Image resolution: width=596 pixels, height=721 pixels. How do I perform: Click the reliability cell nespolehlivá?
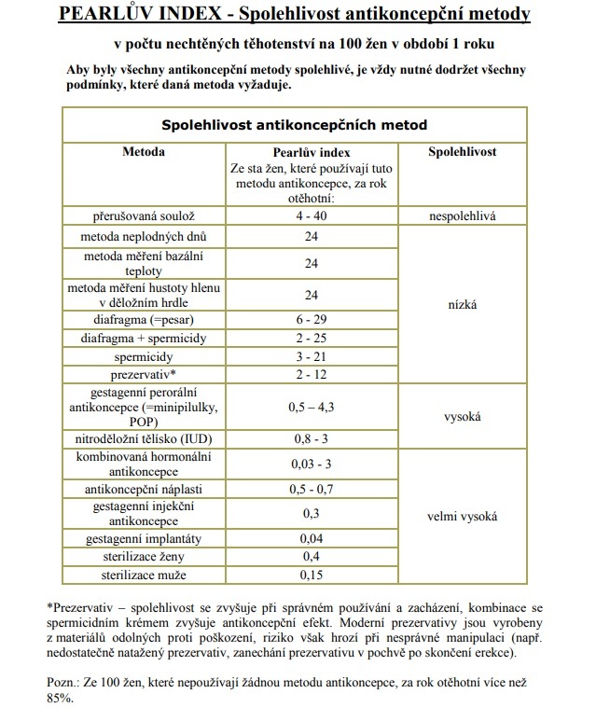point(462,215)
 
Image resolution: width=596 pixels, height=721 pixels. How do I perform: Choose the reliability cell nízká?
point(462,304)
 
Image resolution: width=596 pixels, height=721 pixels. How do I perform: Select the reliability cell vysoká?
point(462,417)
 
